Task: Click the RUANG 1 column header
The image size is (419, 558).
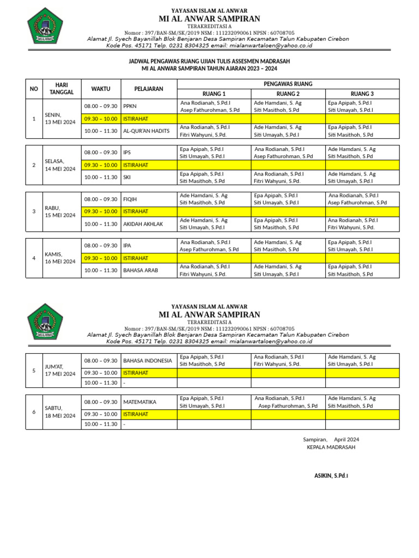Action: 214,94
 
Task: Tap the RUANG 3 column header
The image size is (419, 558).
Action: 362,94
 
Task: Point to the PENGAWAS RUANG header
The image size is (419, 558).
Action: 288,84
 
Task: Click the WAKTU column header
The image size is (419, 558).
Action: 100,89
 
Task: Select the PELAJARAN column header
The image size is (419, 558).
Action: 149,89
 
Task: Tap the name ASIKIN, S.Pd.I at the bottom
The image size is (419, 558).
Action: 331,476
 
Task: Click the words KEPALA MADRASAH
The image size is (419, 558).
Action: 331,447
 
